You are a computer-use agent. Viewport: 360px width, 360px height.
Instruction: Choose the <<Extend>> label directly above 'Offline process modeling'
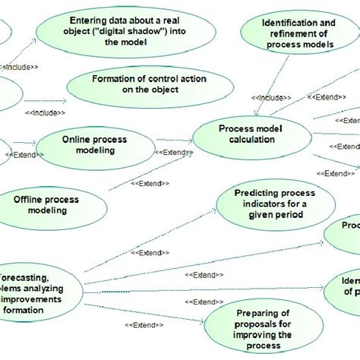(x=150, y=183)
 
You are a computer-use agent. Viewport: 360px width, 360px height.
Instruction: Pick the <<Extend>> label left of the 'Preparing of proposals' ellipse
(x=144, y=326)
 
